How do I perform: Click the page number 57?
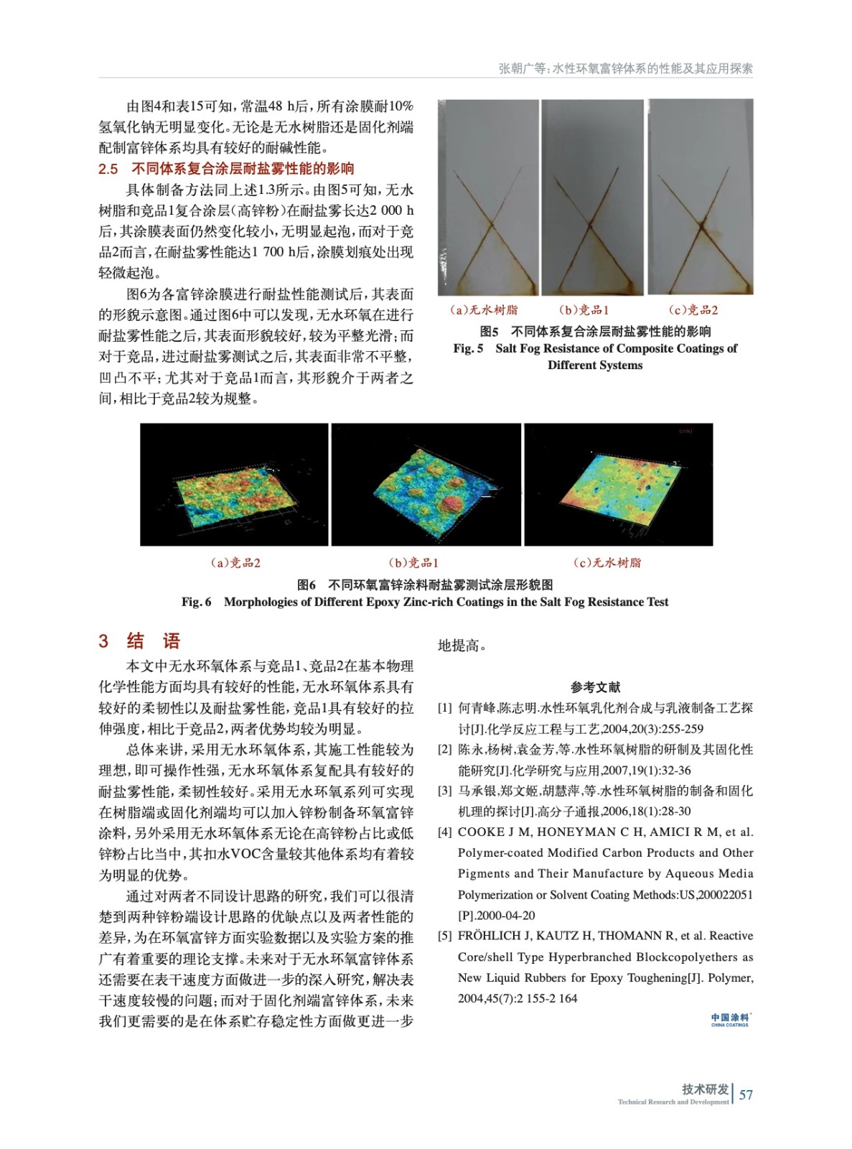pos(746,1095)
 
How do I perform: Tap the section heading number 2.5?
pos(108,169)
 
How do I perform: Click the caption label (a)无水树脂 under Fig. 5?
pos(483,310)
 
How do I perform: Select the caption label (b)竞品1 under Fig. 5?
pos(584,310)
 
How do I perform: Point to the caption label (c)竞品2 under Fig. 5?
pos(693,310)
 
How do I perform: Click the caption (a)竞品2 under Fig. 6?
pos(235,563)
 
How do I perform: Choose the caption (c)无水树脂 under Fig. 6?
pos(607,563)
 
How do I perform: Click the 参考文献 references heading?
pos(595,687)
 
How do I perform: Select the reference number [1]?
pos(445,708)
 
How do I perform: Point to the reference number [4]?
pos(445,832)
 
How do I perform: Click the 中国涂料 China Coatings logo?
pos(730,1020)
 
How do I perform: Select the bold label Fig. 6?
pos(196,602)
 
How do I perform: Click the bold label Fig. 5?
pos(468,348)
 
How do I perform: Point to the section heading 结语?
pos(153,641)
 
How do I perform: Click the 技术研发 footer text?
pos(705,1089)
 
